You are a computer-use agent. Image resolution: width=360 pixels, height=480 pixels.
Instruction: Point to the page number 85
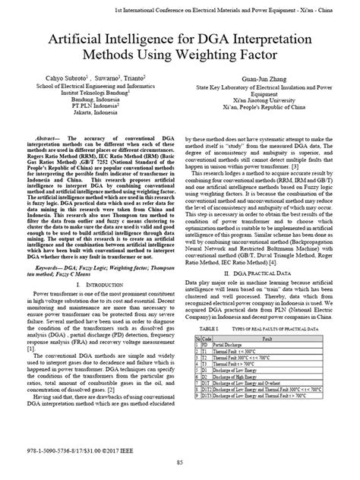180,463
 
